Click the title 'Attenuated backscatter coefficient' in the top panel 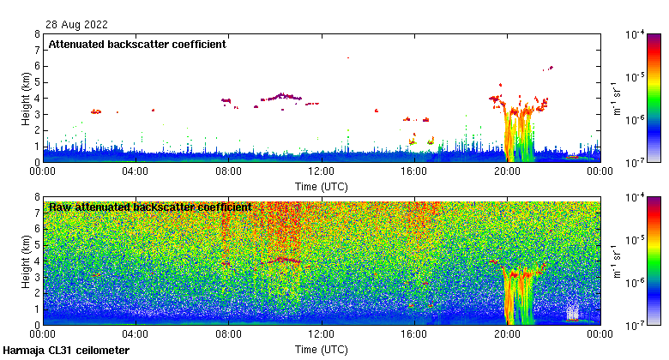click(x=137, y=45)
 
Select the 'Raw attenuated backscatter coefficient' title click(x=150, y=207)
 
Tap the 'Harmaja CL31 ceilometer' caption click(x=66, y=351)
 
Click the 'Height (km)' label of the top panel click(x=27, y=99)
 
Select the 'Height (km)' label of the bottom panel click(x=27, y=261)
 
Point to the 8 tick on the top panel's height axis click(x=37, y=35)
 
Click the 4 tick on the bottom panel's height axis click(x=37, y=261)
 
